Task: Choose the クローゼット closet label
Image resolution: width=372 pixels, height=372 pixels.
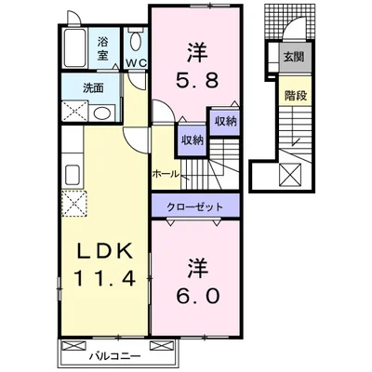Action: (x=194, y=206)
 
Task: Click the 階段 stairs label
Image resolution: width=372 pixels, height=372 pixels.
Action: (x=292, y=94)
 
